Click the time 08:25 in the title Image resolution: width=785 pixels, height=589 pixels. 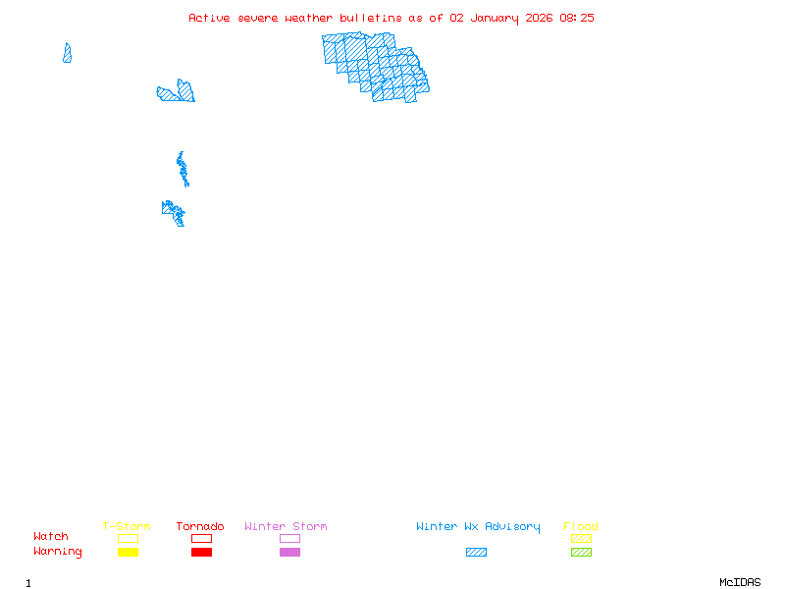click(x=577, y=18)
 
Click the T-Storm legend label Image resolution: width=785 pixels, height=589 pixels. click(x=127, y=527)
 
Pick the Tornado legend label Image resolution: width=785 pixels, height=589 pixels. click(x=200, y=527)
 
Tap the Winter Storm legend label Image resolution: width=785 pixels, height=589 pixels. click(x=286, y=527)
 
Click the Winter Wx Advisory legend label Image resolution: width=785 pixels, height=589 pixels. click(x=478, y=527)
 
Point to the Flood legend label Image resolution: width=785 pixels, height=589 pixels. click(x=581, y=527)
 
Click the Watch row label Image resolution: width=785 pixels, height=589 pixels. click(x=51, y=537)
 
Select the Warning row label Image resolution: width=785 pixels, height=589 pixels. click(x=58, y=552)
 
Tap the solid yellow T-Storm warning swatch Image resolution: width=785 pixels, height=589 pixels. click(x=128, y=553)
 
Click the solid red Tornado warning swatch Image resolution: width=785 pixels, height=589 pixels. click(x=201, y=553)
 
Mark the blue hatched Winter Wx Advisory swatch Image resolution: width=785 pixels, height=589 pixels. click(x=476, y=553)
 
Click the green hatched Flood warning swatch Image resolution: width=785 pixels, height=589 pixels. click(x=581, y=553)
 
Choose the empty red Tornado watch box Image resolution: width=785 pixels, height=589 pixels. click(x=201, y=538)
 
